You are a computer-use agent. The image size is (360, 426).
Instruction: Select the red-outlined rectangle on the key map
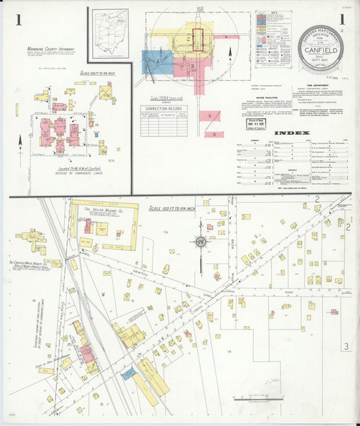tap(198, 38)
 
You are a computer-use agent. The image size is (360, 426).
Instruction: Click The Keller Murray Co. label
tap(101, 210)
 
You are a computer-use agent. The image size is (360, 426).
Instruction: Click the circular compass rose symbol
tap(201, 242)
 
